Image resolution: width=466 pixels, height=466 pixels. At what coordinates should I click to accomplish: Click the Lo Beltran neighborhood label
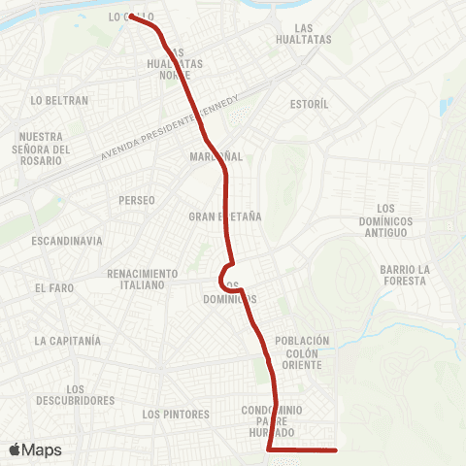coord(59,100)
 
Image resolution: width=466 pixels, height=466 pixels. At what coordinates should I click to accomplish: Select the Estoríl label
coord(311,103)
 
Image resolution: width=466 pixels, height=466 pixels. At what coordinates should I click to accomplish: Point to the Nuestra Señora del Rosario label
coord(45,149)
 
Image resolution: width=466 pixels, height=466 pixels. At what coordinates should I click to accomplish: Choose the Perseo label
coord(136,200)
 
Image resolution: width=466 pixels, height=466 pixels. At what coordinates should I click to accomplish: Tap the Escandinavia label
coord(66,240)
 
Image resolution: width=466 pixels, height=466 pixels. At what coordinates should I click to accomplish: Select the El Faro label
coord(53,288)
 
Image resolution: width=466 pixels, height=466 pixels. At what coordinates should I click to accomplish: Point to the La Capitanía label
coord(67,341)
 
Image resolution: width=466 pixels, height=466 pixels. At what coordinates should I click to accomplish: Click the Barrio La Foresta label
coord(404,275)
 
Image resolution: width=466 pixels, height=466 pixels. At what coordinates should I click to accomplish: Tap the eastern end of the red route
coord(335,449)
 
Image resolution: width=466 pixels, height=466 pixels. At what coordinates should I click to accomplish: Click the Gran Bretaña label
coord(225,216)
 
